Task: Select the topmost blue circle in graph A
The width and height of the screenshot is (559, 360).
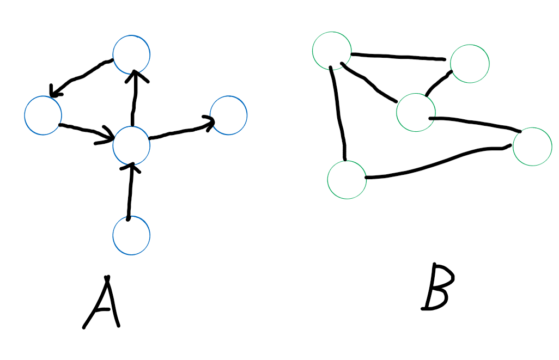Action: [131, 54]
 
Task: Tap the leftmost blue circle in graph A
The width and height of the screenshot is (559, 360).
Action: [43, 115]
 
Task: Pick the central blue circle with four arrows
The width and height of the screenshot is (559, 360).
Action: [131, 145]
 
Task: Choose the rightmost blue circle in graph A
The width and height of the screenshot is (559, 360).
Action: [228, 115]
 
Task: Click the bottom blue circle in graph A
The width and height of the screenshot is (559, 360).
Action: [131, 235]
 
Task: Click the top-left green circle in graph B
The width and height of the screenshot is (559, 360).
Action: [331, 51]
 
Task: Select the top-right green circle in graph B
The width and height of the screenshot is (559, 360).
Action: [470, 63]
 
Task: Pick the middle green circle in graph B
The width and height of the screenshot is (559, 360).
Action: [416, 112]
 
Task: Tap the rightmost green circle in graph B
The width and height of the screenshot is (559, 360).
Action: [532, 147]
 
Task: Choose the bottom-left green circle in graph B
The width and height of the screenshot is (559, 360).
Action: [347, 179]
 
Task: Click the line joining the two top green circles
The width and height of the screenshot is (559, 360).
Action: [398, 56]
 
